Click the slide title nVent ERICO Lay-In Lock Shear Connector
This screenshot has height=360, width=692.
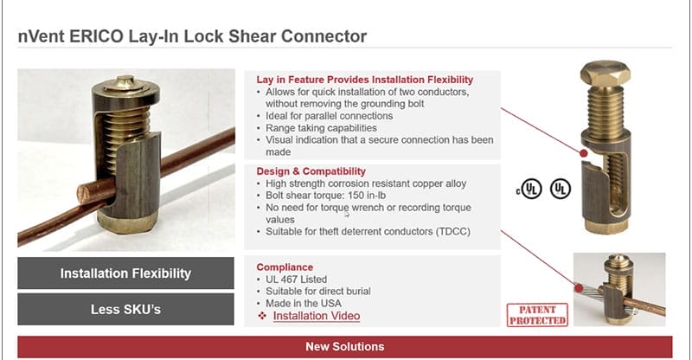(x=192, y=36)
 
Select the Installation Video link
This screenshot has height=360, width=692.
(x=316, y=316)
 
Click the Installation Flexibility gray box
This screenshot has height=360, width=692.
(x=125, y=273)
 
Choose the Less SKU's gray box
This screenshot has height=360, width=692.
(x=125, y=309)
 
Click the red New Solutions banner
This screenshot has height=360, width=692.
(x=344, y=346)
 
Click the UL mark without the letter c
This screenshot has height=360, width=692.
(x=561, y=188)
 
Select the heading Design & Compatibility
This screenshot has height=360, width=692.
(x=311, y=171)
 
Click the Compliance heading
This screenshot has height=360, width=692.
(x=285, y=267)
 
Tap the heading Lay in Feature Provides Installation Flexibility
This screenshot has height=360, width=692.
(x=364, y=80)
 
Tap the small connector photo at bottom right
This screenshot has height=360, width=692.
(x=619, y=288)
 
